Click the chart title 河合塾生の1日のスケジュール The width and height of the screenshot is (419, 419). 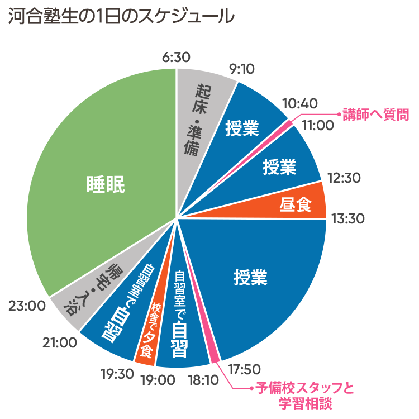121,16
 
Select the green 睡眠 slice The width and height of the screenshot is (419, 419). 106,184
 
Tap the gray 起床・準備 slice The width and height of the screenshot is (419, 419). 201,117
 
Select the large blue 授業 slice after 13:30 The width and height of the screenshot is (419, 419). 251,277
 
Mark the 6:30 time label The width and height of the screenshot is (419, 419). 176,57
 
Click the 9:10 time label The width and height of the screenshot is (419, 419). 241,69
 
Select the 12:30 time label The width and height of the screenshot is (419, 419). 344,178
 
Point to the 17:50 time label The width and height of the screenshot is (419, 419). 246,369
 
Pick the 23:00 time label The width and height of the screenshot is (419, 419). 27,306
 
